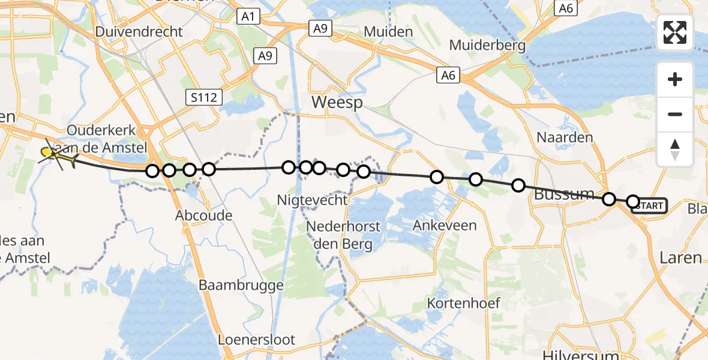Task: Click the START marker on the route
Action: click(649, 206)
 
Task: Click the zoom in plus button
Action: click(675, 79)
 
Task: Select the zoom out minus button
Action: click(675, 114)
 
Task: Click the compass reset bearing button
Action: click(675, 149)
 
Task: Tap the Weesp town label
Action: click(337, 103)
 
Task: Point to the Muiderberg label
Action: click(487, 45)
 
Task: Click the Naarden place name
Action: click(565, 137)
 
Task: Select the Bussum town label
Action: click(563, 194)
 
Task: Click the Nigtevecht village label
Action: click(312, 200)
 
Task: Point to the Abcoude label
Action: click(203, 215)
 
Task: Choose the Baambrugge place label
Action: click(241, 285)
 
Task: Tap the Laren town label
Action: click(680, 257)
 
